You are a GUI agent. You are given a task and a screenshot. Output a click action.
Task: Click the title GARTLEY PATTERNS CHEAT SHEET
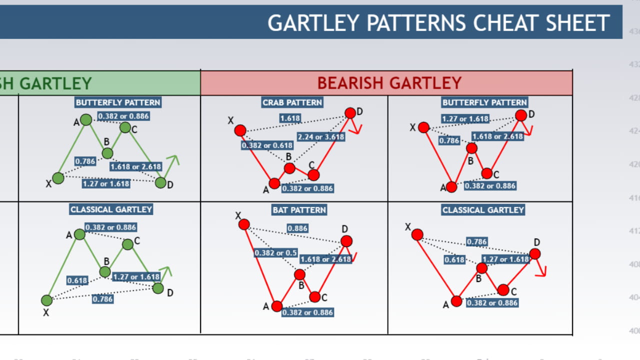click(x=438, y=23)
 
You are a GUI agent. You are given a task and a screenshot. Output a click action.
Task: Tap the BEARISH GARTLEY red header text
click(x=389, y=82)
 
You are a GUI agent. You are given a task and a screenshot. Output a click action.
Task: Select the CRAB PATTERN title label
click(x=292, y=102)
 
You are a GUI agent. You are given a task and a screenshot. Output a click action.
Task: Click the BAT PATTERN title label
click(x=299, y=210)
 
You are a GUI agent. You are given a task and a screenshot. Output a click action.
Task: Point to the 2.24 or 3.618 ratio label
click(x=321, y=136)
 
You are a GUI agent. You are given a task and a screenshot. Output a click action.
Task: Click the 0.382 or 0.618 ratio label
click(x=266, y=145)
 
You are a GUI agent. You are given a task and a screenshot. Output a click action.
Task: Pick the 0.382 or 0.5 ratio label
click(x=275, y=252)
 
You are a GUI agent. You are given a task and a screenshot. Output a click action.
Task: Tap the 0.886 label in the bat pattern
click(x=297, y=228)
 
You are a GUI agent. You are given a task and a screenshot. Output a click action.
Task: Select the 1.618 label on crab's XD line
click(x=290, y=118)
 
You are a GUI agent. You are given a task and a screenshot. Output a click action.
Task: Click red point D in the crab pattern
click(x=350, y=113)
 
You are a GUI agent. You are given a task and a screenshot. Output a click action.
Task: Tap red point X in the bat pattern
click(x=244, y=224)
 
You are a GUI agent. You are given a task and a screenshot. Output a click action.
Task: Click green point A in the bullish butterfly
click(x=86, y=119)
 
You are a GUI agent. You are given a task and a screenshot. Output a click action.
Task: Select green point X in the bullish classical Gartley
click(x=46, y=300)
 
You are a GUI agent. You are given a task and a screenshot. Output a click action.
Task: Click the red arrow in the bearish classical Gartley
click(x=541, y=270)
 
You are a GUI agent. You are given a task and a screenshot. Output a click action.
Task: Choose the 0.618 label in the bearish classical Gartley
click(x=454, y=260)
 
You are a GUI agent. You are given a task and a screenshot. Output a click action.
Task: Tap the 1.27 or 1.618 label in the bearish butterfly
click(x=465, y=119)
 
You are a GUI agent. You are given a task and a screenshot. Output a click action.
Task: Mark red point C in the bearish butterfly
click(x=487, y=173)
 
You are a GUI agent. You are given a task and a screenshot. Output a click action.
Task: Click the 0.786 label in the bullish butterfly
click(x=85, y=161)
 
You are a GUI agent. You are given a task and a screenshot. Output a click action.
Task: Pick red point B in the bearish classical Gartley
click(x=481, y=268)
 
